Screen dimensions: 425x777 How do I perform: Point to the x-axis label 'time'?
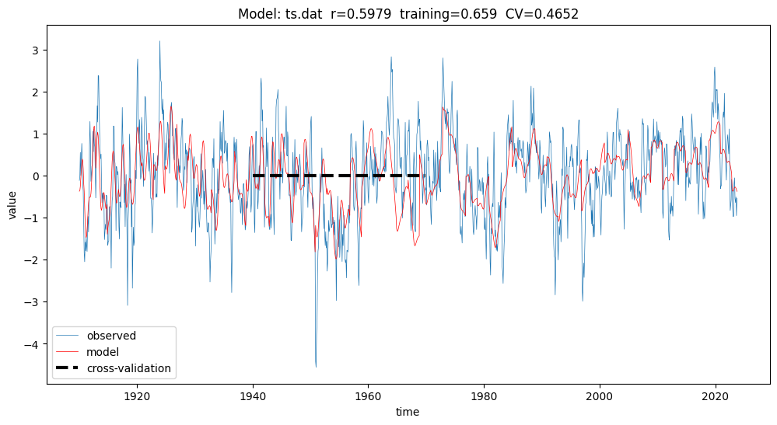(x=407, y=412)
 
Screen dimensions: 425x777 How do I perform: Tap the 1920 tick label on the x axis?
(x=137, y=394)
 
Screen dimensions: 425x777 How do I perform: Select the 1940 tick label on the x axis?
(x=253, y=394)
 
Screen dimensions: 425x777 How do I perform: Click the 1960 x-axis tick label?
(x=368, y=394)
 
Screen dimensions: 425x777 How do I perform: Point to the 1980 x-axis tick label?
(x=484, y=394)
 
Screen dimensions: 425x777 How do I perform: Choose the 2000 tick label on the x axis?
(x=600, y=394)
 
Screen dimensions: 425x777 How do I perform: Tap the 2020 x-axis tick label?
(x=715, y=394)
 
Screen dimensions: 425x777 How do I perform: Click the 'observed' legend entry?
(x=111, y=336)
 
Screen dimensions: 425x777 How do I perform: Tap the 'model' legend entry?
(x=103, y=352)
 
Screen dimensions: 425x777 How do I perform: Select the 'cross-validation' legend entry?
(x=128, y=368)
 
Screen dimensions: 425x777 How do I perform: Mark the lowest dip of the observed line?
(x=316, y=367)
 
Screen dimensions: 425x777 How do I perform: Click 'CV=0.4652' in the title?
(x=545, y=14)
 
